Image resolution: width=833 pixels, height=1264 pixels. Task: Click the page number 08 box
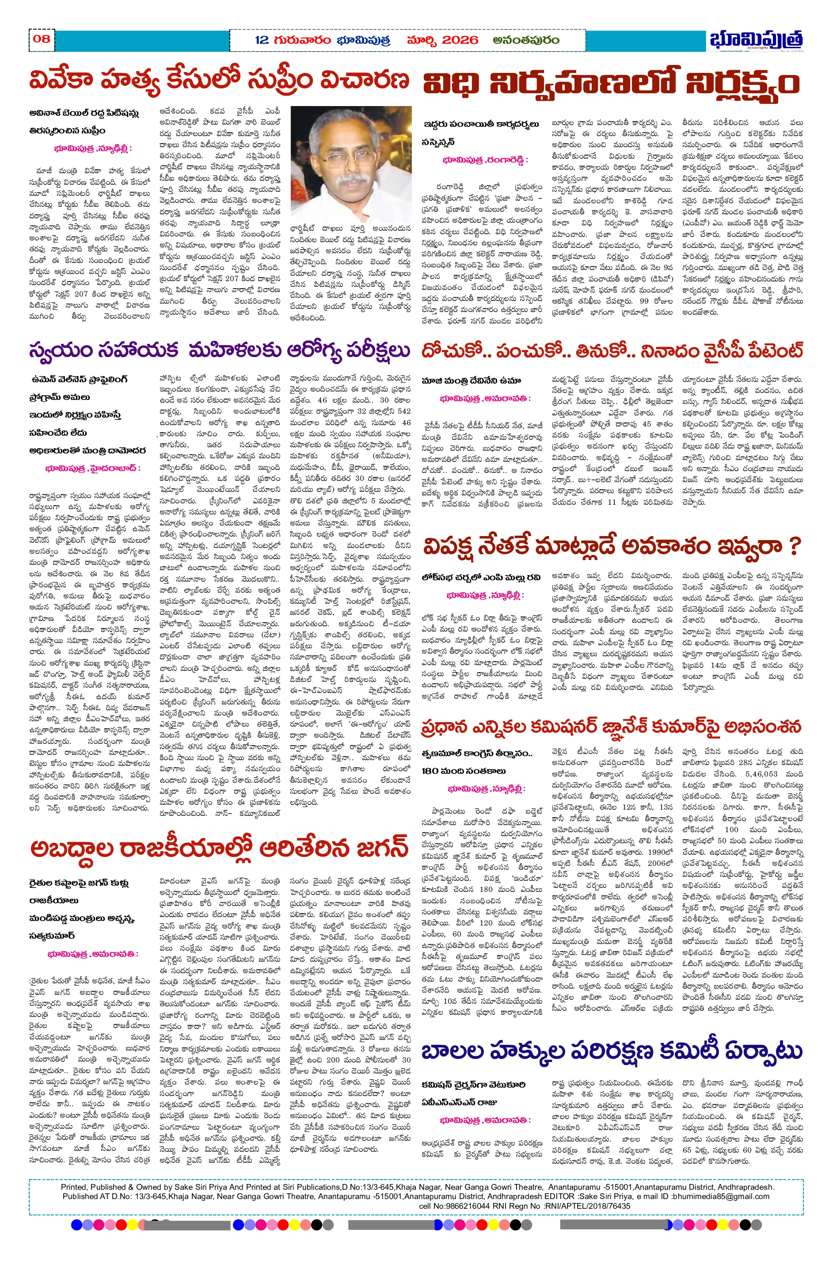tap(41, 39)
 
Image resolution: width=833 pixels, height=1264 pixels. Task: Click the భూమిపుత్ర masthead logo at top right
tap(756, 40)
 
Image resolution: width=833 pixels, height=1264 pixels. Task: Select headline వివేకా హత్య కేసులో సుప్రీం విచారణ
tap(219, 81)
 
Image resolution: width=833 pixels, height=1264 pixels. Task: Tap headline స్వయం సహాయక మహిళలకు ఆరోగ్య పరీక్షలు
tap(219, 351)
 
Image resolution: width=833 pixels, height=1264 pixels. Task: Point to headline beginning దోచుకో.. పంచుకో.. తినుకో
tap(612, 351)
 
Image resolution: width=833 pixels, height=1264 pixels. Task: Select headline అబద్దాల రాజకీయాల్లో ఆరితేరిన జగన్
tap(219, 849)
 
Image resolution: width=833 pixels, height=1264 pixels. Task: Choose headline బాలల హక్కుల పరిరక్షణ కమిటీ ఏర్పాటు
tap(612, 1051)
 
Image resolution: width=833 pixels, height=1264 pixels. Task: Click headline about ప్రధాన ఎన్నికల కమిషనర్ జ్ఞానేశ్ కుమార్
tap(612, 727)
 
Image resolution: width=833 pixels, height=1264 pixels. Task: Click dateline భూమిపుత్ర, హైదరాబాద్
tap(93, 468)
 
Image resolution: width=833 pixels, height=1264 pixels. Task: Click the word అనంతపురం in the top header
tap(525, 40)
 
